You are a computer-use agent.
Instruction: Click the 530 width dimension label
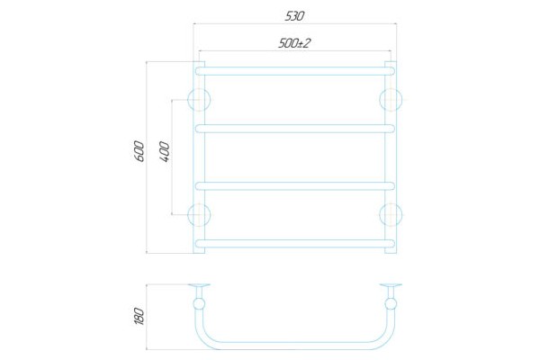pyautogui.click(x=295, y=16)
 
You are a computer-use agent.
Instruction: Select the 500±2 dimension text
pyautogui.click(x=294, y=42)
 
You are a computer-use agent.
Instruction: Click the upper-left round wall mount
pyautogui.click(x=198, y=98)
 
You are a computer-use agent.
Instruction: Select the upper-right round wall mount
pyautogui.click(x=391, y=98)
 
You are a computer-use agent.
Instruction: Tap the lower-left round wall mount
pyautogui.click(x=198, y=214)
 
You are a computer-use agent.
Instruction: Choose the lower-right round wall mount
pyautogui.click(x=391, y=214)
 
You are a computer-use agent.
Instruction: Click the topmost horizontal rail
pyautogui.click(x=294, y=68)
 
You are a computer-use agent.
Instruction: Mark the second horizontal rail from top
pyautogui.click(x=294, y=128)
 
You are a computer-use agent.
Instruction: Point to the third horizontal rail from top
pyautogui.click(x=294, y=186)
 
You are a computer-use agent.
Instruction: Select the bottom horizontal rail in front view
pyautogui.click(x=294, y=243)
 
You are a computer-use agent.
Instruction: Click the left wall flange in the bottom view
pyautogui.click(x=199, y=286)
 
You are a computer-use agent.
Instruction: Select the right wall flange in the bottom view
pyautogui.click(x=391, y=286)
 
